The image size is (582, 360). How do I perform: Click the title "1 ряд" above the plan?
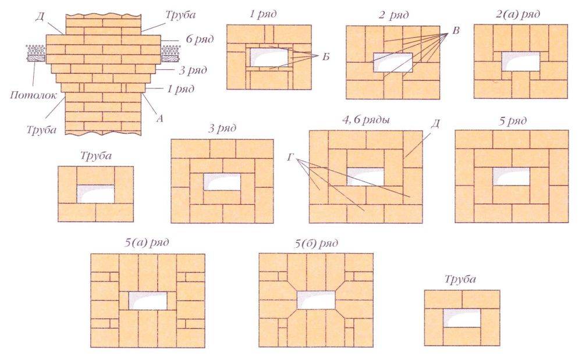(263, 15)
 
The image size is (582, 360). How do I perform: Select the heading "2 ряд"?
(393, 15)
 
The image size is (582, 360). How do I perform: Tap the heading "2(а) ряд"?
(517, 14)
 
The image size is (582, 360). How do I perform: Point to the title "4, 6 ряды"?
(365, 120)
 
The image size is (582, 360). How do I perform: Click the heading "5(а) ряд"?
(147, 243)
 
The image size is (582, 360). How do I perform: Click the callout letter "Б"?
(325, 56)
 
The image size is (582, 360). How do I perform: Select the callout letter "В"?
(456, 31)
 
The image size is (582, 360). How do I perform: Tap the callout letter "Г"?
(290, 158)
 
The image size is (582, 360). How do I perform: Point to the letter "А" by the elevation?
(159, 118)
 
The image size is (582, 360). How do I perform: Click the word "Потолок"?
(33, 95)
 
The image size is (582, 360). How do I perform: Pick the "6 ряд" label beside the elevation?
(199, 39)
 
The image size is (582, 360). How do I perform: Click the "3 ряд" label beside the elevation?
(193, 70)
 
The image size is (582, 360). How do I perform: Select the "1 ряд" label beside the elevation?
(180, 90)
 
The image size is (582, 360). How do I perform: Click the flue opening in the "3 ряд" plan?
(222, 182)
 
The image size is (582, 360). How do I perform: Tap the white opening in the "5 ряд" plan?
(511, 176)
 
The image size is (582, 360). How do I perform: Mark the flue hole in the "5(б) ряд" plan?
(316, 300)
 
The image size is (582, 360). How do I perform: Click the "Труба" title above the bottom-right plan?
(460, 279)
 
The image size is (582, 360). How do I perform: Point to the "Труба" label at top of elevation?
(180, 15)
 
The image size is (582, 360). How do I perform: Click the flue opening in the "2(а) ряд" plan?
(521, 62)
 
